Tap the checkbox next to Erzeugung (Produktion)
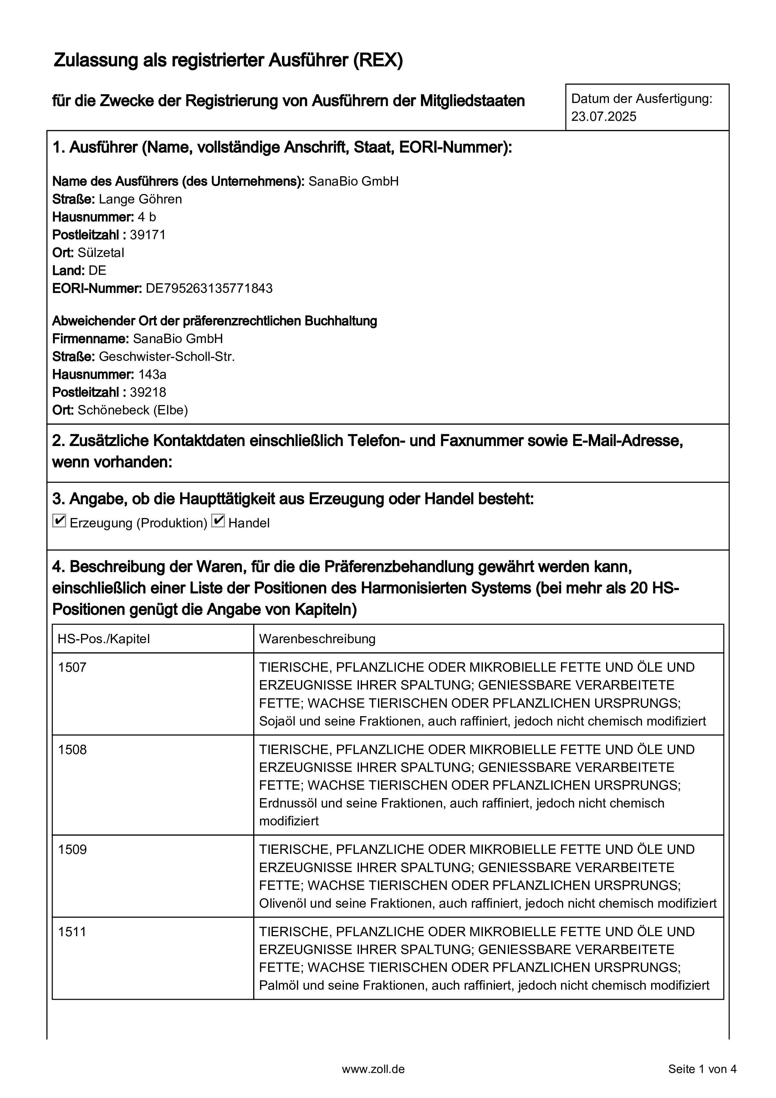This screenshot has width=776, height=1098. coord(59,521)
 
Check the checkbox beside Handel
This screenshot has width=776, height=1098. coord(218,521)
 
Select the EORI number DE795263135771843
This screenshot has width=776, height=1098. coord(209,288)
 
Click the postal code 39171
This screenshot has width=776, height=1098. coord(147,235)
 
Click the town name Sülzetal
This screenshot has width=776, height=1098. coord(101,253)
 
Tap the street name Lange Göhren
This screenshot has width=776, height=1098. coord(140,199)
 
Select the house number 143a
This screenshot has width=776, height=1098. coord(152,374)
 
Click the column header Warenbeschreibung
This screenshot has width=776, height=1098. coord(317,639)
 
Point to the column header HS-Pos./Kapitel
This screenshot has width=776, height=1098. coord(104,639)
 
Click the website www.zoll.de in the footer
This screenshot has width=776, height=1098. coord(373,1069)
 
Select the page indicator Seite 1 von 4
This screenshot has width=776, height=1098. coord(702,1069)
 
